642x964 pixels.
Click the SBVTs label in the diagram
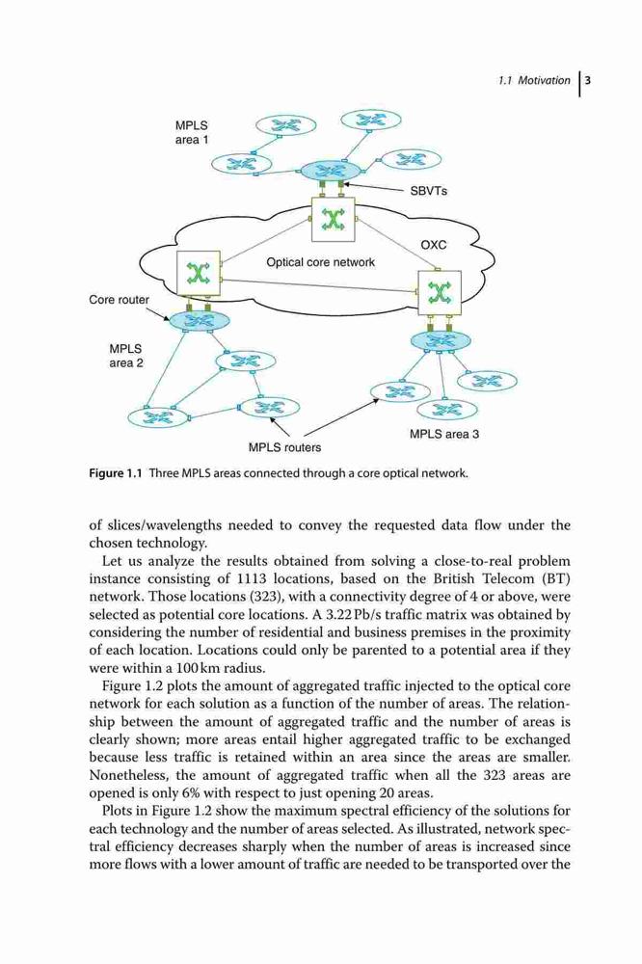pyautogui.click(x=429, y=191)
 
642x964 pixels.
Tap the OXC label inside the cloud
pyautogui.click(x=434, y=245)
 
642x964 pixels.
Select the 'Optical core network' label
pyautogui.click(x=320, y=262)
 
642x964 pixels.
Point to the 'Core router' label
pyautogui.click(x=120, y=300)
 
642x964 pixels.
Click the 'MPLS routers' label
pyautogui.click(x=284, y=447)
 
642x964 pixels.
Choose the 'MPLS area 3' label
pyautogui.click(x=444, y=434)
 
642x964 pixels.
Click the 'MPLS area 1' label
pyautogui.click(x=192, y=132)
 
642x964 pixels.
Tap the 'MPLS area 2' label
pyautogui.click(x=126, y=356)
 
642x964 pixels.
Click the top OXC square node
pyautogui.click(x=334, y=220)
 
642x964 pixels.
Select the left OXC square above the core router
pyautogui.click(x=198, y=273)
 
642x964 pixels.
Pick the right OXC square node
pyautogui.click(x=439, y=293)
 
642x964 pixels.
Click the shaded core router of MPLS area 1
pyautogui.click(x=331, y=171)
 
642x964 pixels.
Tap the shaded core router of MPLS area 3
pyautogui.click(x=441, y=340)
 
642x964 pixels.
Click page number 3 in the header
pyautogui.click(x=587, y=80)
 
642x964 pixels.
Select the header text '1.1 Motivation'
pyautogui.click(x=534, y=80)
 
